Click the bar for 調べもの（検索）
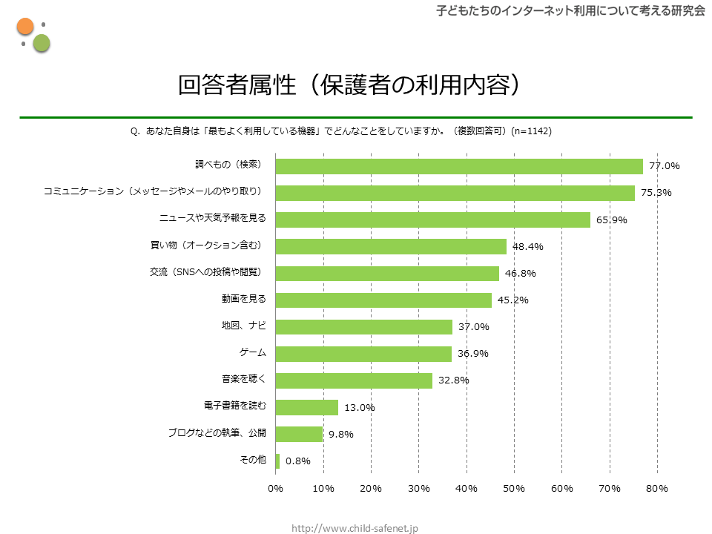[458, 166]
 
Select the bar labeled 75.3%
[455, 193]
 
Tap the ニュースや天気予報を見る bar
[432, 220]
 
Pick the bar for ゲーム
[363, 354]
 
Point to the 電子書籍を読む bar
[306, 407]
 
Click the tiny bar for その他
[277, 461]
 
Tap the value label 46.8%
[520, 273]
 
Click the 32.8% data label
[453, 380]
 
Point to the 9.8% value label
[341, 434]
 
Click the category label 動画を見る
[243, 300]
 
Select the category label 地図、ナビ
[243, 326]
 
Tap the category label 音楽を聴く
[243, 380]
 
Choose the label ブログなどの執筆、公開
[217, 433]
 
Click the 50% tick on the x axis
[514, 488]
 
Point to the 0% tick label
[275, 488]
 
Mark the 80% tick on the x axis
[657, 488]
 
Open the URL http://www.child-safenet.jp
[355, 528]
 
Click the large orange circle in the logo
[25, 27]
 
